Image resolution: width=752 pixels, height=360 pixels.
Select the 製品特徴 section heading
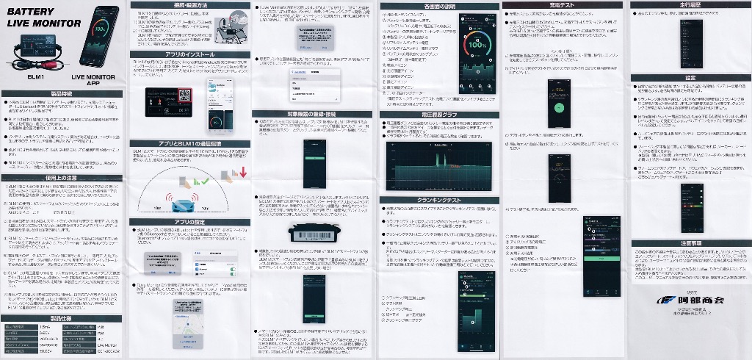62,93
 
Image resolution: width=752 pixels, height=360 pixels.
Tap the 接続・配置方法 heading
189,5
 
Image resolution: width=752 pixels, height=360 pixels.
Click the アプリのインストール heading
189,54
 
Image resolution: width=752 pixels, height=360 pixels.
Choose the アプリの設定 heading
189,221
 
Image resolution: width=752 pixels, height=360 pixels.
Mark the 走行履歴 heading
690,5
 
